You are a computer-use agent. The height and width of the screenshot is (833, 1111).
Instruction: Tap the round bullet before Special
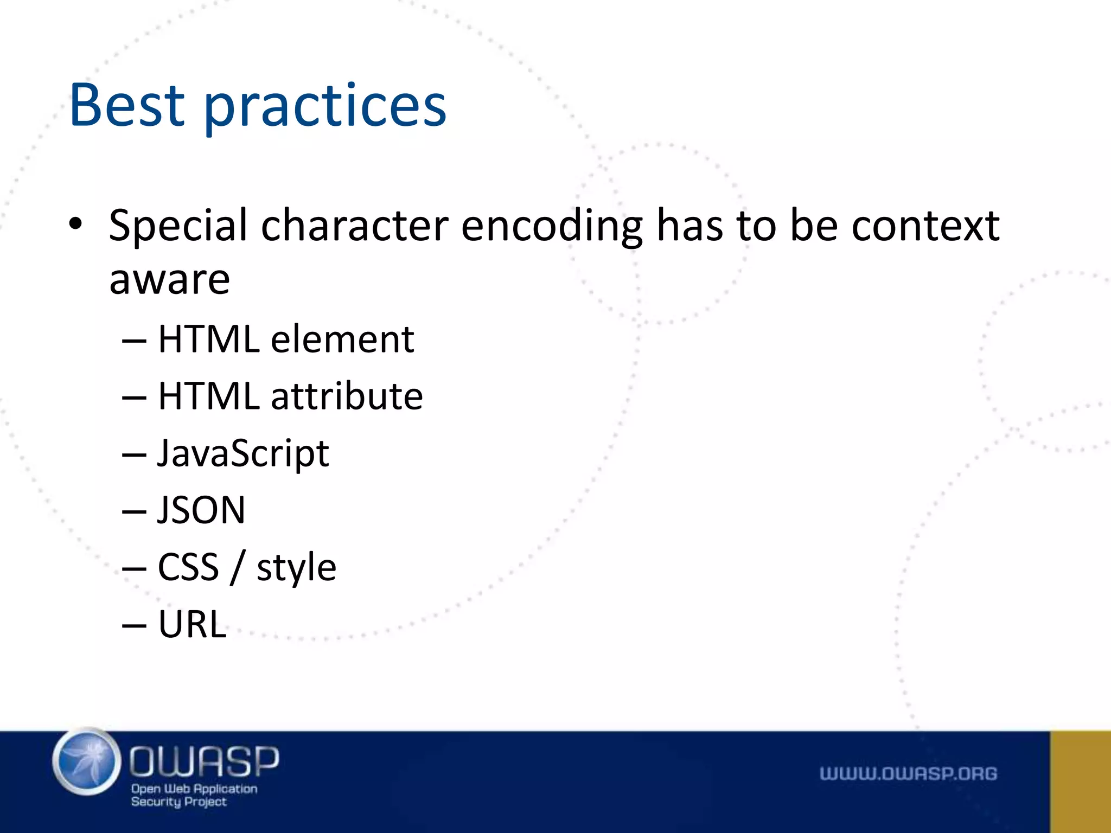tap(75, 223)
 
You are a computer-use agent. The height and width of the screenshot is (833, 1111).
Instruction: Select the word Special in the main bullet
tap(178, 226)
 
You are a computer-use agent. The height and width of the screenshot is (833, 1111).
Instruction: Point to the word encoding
tap(552, 226)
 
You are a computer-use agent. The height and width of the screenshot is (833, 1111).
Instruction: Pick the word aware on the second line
tap(169, 280)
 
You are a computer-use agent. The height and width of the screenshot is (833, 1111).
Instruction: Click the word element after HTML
tap(342, 339)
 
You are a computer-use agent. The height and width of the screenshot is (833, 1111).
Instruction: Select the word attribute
tap(347, 396)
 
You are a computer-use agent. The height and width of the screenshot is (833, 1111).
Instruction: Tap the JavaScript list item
tap(243, 453)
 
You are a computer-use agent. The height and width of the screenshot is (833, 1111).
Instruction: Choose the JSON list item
tap(201, 510)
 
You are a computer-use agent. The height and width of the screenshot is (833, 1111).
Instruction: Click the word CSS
tap(188, 567)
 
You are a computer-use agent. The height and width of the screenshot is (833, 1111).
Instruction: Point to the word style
tap(296, 568)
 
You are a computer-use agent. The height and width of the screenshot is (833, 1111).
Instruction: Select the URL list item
tap(192, 624)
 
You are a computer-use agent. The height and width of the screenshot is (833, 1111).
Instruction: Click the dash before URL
tap(134, 625)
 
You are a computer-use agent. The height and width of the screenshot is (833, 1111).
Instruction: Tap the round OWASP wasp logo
tap(87, 762)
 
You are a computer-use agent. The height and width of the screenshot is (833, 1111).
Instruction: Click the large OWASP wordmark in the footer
tap(204, 761)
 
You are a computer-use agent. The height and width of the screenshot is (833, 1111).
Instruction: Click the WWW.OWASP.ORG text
tap(908, 773)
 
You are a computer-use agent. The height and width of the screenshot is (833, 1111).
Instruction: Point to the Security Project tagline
tap(178, 802)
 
